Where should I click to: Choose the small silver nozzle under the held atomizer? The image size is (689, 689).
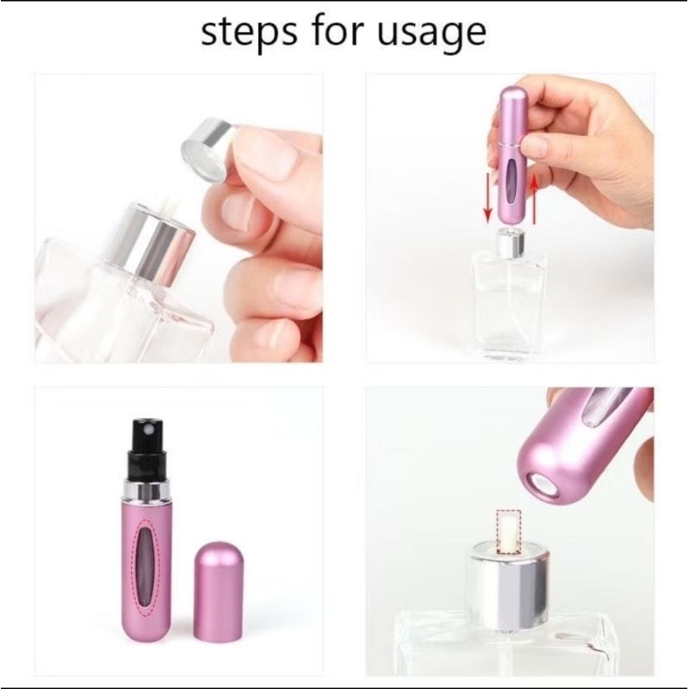click(x=508, y=245)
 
